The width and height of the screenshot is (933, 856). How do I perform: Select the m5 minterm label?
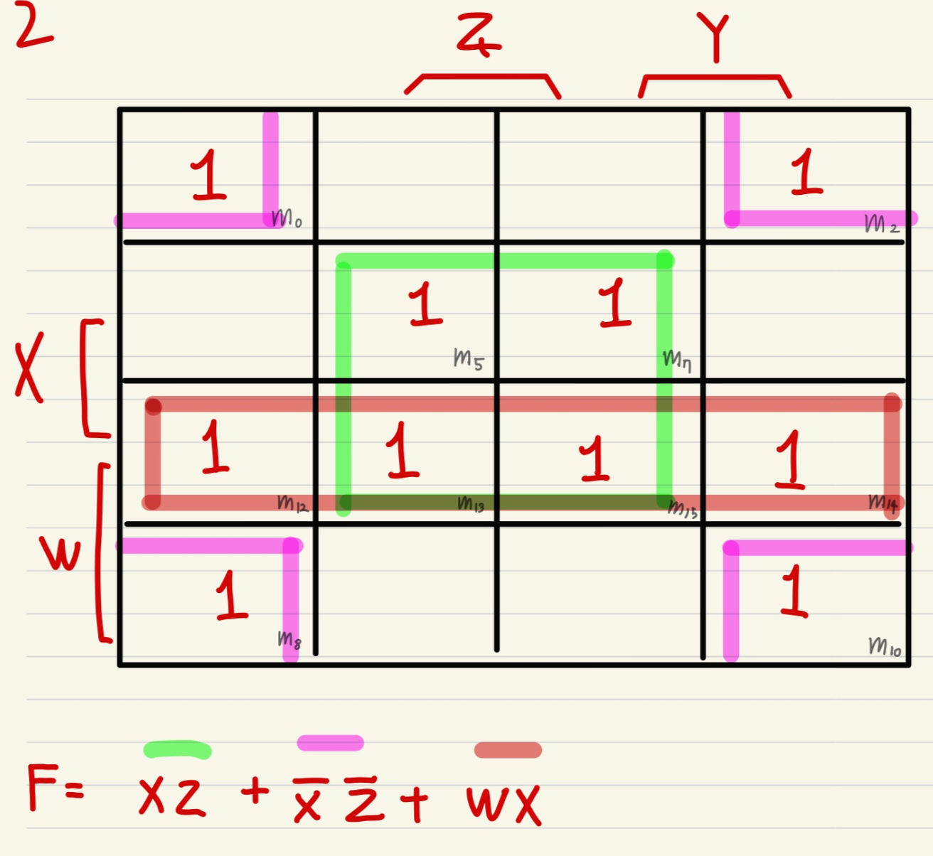[x=469, y=358]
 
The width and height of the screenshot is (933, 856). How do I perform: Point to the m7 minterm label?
[x=676, y=360]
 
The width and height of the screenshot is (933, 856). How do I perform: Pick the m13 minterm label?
[x=471, y=504]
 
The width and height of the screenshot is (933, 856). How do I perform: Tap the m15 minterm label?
[x=682, y=509]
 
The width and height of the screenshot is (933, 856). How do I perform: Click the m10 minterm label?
[x=885, y=646]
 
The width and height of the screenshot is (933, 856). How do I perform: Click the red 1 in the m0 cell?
[x=208, y=175]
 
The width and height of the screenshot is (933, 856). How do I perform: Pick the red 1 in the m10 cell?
[x=794, y=591]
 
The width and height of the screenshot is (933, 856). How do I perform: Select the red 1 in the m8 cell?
[x=231, y=595]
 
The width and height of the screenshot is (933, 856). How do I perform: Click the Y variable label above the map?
[x=713, y=37]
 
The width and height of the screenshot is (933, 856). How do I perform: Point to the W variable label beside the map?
[x=60, y=554]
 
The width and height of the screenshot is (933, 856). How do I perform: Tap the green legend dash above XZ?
[x=177, y=749]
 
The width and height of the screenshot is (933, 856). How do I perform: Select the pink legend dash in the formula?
[x=330, y=743]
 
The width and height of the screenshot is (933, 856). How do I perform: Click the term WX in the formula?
[x=503, y=804]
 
